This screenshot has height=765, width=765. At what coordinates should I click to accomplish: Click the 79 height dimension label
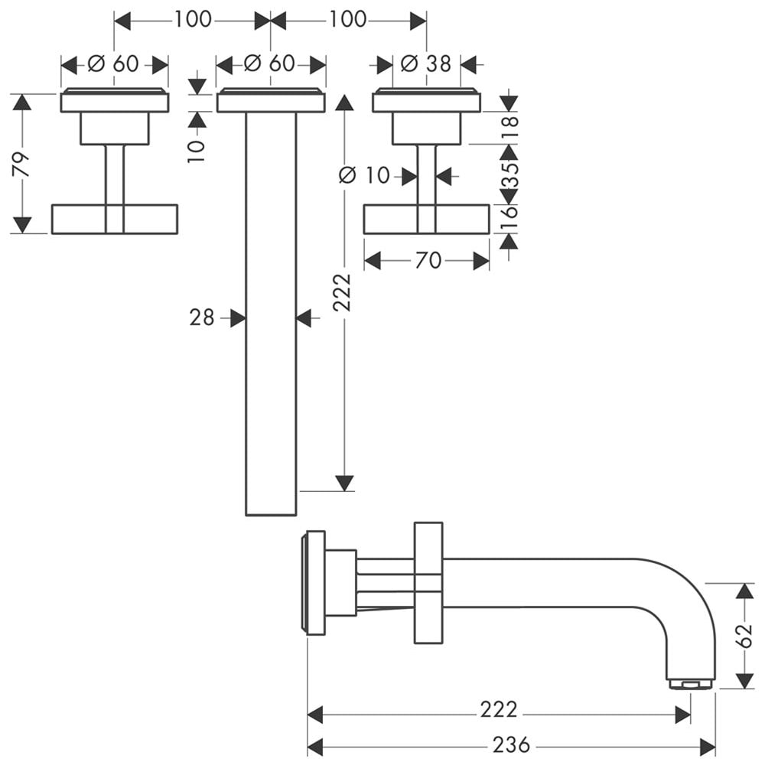point(21,164)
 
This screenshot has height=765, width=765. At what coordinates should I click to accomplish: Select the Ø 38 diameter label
point(426,64)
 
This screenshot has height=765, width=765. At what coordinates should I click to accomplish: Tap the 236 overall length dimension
point(511,745)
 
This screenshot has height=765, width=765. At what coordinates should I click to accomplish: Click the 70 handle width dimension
point(428,261)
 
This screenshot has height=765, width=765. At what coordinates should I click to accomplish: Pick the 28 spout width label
point(202,318)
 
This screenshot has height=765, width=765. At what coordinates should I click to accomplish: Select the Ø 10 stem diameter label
point(364,175)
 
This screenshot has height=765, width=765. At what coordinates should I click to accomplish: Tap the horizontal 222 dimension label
point(498,709)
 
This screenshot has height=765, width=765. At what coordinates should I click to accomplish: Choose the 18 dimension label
point(509,129)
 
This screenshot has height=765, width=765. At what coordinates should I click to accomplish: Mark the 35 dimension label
point(509,174)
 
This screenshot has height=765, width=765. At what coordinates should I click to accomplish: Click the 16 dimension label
point(509,217)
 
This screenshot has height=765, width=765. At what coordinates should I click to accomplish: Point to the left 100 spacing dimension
point(193,20)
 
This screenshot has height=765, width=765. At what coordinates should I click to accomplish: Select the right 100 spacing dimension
point(347,20)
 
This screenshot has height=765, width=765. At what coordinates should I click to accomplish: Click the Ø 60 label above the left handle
point(113,64)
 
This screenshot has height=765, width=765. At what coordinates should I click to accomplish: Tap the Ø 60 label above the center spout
point(269,64)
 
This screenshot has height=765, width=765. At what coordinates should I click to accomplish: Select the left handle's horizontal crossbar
point(115,219)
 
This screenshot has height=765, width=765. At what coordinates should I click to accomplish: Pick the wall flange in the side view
point(314,582)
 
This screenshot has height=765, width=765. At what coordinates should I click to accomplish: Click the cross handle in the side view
point(428,583)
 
